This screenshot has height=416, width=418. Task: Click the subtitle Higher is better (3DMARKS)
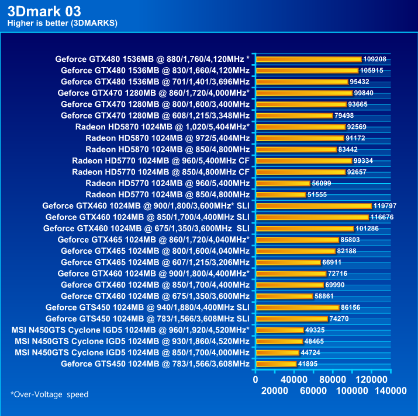[x=62, y=23]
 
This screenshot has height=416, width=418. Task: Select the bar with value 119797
[x=314, y=205]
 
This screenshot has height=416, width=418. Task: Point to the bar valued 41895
[x=276, y=364]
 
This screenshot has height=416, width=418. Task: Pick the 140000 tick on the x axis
[x=391, y=390]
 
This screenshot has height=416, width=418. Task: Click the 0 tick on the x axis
[x=255, y=379]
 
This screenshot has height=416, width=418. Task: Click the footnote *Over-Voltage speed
[x=50, y=394]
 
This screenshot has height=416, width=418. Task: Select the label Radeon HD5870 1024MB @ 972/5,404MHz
[x=167, y=138]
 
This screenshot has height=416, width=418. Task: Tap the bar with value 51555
[x=281, y=194]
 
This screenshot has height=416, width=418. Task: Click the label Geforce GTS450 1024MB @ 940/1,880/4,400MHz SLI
[x=147, y=307]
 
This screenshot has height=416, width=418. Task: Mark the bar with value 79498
[x=294, y=116]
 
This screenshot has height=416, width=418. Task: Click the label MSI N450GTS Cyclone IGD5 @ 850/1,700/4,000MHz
[x=132, y=352]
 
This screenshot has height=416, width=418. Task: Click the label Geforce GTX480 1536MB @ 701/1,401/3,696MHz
[x=155, y=82]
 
